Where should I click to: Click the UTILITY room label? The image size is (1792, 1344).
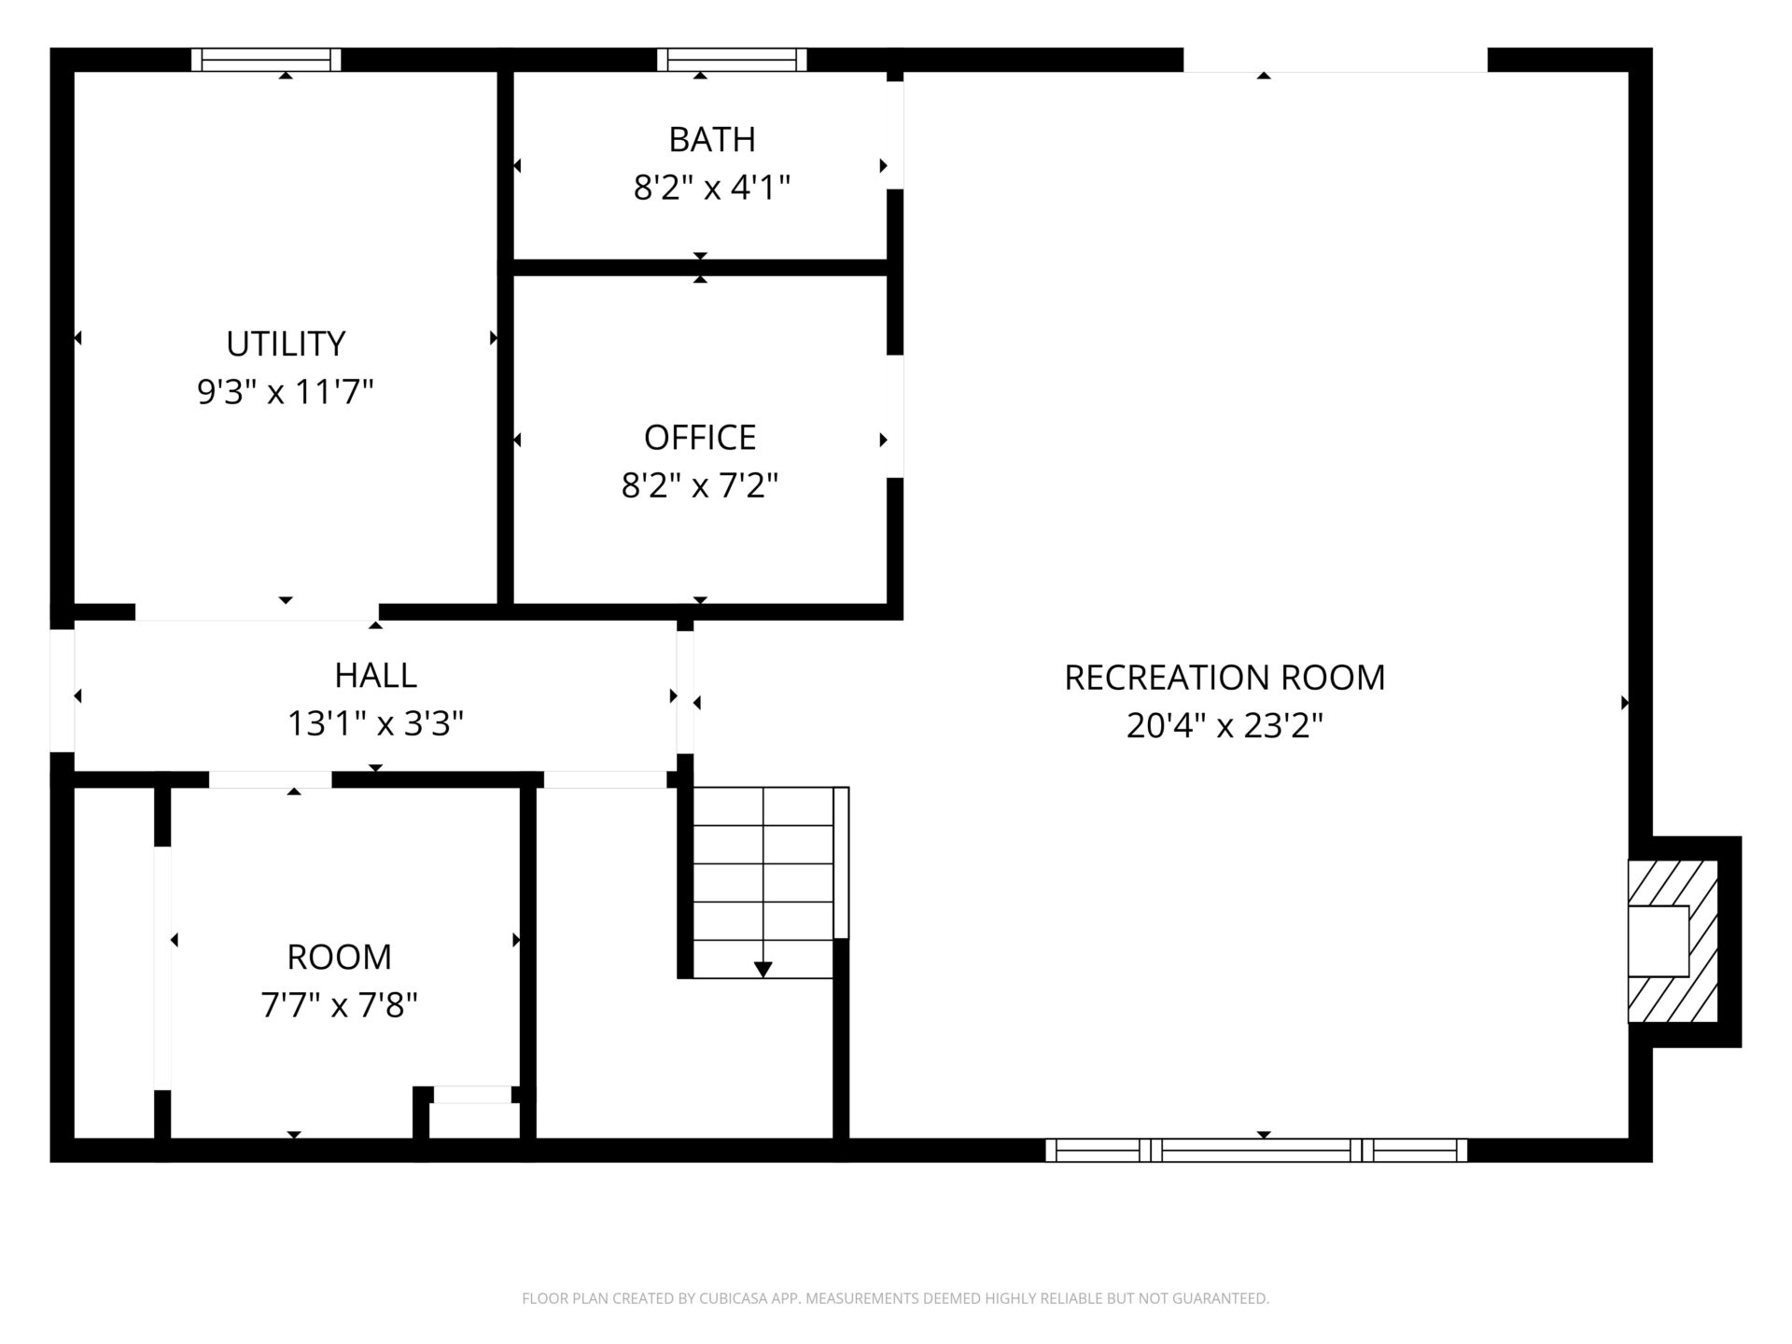point(286,343)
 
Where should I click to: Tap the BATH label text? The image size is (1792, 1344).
point(712,139)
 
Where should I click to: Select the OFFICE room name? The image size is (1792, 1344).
point(700,437)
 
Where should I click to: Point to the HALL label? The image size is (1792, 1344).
point(375,675)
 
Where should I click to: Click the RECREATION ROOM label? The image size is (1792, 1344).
point(1225,678)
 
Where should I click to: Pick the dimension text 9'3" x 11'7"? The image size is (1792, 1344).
point(286,392)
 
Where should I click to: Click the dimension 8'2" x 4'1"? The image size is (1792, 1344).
point(712,188)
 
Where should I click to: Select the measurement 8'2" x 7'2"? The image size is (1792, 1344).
point(700,485)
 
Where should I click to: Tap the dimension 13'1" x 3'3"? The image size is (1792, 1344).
point(375,723)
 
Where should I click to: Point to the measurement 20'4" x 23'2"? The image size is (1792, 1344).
point(1225,726)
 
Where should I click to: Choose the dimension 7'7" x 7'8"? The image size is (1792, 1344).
point(339,1005)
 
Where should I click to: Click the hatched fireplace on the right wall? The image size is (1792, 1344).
point(1673,941)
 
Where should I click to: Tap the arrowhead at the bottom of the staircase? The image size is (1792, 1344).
point(763,970)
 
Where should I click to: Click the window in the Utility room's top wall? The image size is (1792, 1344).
point(266,60)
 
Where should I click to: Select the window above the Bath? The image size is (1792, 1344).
point(732,60)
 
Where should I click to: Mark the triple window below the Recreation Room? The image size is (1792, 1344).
point(1256,1150)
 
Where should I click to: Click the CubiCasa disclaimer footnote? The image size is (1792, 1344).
point(895,1298)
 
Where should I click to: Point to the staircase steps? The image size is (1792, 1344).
point(763,882)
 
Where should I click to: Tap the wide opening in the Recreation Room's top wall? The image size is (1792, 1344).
point(1336,60)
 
